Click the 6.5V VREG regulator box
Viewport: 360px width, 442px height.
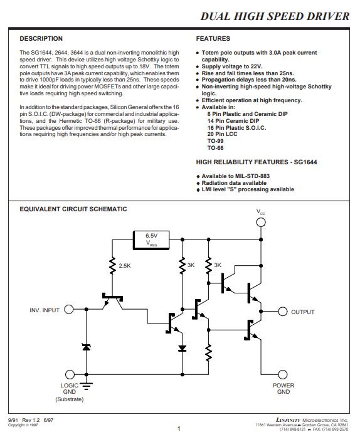click(x=151, y=240)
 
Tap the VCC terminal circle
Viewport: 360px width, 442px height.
click(x=261, y=223)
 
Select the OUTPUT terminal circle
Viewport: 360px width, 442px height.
click(x=282, y=312)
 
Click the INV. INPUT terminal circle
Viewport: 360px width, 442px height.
click(x=69, y=309)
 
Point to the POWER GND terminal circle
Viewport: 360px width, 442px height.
click(x=282, y=374)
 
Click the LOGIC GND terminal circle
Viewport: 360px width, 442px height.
click(x=70, y=374)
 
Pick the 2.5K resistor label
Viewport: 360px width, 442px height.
click(x=125, y=266)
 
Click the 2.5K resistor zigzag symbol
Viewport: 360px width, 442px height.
click(x=112, y=266)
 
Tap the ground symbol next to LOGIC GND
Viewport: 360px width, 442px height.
click(x=87, y=386)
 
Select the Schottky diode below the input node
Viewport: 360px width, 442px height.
click(x=87, y=347)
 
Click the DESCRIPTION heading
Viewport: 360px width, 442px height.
click(x=41, y=39)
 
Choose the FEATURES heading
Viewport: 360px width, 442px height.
click(x=213, y=39)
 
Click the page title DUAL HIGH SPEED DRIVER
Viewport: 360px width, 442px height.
click(x=275, y=16)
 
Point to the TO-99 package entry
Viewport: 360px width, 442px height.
click(x=215, y=141)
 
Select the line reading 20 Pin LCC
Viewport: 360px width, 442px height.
click(x=222, y=134)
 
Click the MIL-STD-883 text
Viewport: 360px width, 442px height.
click(x=252, y=176)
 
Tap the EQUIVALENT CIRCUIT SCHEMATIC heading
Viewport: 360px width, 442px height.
click(x=73, y=209)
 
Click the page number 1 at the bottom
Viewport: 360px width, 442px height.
click(x=179, y=429)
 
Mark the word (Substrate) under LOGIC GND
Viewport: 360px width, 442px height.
click(x=70, y=399)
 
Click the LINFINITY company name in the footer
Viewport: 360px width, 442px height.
click(x=288, y=420)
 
